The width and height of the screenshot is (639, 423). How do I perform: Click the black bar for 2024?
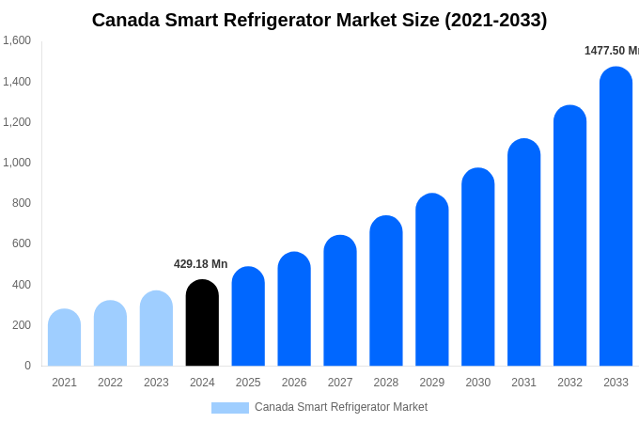(202, 323)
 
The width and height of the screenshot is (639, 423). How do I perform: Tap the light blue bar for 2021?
(64, 337)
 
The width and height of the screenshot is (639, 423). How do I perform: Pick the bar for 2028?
(386, 291)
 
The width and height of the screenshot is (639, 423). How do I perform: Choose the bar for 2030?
(477, 267)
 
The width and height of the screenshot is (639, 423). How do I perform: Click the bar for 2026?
(294, 309)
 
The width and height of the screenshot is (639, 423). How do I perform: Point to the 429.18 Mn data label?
(200, 264)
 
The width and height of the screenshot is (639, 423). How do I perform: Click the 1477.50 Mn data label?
(611, 51)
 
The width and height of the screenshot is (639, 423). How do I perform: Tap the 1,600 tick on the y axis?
(17, 40)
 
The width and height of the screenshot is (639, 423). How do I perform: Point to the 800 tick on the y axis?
(21, 203)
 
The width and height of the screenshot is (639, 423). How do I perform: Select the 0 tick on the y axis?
(27, 366)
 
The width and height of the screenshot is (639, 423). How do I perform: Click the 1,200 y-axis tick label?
(17, 122)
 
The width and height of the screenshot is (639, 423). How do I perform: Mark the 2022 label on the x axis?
(110, 383)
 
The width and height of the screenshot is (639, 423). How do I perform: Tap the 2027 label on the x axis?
(340, 383)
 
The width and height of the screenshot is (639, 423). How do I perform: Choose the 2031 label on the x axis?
(523, 383)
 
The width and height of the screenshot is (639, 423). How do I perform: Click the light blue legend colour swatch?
(229, 408)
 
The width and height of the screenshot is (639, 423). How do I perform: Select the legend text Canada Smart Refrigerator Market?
(341, 407)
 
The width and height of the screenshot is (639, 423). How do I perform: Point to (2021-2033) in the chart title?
(495, 20)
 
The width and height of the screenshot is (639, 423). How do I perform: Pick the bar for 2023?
(156, 329)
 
